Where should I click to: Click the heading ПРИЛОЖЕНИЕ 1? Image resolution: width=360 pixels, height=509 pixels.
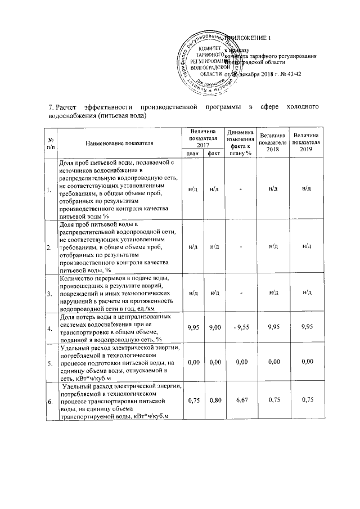[x=249, y=38]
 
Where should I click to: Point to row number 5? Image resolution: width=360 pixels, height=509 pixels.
[x=51, y=364]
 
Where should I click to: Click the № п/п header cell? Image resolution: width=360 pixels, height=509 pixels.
[x=51, y=145]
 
